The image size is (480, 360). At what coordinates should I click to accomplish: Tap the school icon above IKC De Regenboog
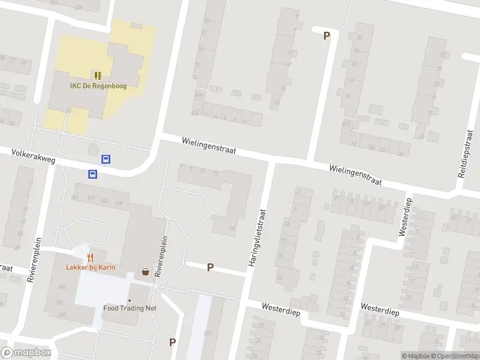coord(97,76)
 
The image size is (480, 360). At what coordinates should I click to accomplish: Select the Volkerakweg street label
coord(33,158)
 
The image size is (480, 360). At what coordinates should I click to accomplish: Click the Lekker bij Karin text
coord(91,268)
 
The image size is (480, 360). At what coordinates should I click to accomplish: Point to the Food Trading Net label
coord(130,308)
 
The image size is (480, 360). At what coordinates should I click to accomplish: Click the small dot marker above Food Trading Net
coord(129,300)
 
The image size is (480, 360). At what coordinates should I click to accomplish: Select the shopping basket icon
coord(145,272)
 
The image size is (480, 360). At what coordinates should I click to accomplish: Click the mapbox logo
coord(26,353)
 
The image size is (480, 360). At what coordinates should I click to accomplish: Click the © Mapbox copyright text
coord(415,356)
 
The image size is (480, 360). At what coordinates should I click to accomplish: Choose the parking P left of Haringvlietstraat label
coord(210,267)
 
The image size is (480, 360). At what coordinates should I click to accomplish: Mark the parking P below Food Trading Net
coord(173,342)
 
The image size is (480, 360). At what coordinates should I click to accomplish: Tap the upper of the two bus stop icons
coord(106,160)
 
